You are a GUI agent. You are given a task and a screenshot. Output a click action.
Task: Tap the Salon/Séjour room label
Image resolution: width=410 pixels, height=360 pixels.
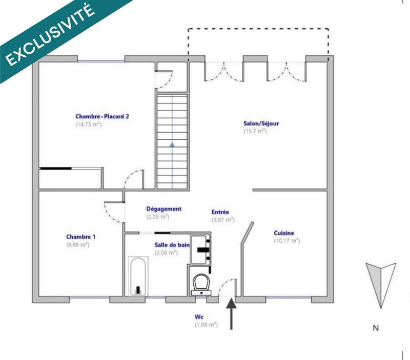click(261, 123)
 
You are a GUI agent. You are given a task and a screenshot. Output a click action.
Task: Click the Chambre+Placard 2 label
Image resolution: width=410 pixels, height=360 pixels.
click(102, 116)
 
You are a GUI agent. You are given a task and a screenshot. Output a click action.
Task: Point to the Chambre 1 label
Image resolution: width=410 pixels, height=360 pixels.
click(80, 237)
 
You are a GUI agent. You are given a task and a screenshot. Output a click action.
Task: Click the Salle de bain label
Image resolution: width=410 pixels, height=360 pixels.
click(172, 245)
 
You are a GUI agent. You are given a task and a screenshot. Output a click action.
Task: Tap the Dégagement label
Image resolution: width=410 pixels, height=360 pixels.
click(164, 209)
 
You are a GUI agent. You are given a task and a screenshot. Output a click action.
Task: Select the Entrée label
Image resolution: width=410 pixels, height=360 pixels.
click(221, 212)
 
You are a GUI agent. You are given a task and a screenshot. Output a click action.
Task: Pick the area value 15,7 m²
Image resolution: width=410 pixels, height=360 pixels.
click(255, 132)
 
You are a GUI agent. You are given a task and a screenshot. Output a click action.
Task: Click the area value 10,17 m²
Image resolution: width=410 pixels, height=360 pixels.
click(286, 241)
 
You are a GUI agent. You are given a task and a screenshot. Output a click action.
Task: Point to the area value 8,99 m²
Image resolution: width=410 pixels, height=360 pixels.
click(77, 245)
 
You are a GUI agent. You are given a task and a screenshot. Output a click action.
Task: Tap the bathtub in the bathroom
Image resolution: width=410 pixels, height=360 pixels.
click(137, 276)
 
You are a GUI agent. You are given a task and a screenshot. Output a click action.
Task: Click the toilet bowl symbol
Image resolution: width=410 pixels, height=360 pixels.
click(200, 281)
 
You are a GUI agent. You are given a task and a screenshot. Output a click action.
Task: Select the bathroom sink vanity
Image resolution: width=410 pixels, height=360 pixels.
click(200, 249)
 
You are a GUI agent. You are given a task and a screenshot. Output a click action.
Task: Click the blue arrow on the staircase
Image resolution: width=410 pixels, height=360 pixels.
click(172, 145)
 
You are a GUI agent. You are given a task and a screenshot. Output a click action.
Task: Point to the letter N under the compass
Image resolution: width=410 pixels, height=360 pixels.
click(376, 328)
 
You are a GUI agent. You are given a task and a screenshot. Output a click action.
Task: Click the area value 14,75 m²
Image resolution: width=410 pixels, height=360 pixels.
click(89, 124)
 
